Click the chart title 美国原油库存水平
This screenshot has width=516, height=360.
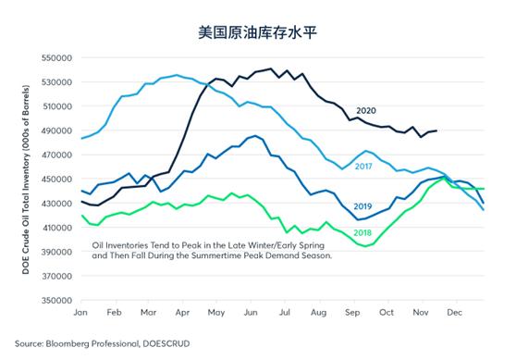coord(258,31)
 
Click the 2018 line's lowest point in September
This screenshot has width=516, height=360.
coord(369,247)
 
